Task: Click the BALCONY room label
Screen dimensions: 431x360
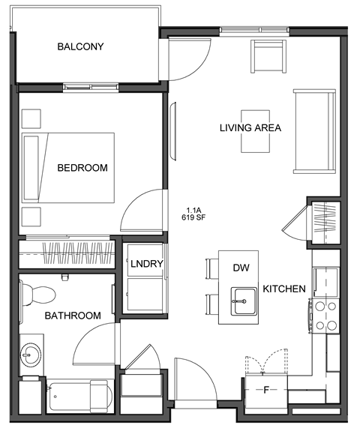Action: click(x=80, y=47)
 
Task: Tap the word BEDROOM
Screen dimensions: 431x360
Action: click(x=82, y=168)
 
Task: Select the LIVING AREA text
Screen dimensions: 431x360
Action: click(x=250, y=127)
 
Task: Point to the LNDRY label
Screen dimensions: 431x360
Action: click(x=145, y=265)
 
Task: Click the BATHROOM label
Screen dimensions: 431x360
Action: click(x=72, y=316)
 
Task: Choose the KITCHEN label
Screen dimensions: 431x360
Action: click(x=283, y=289)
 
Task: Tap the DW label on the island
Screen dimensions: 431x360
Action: click(x=241, y=268)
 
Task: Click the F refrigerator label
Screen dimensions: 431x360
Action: click(x=265, y=390)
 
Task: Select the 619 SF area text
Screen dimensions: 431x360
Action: click(x=193, y=217)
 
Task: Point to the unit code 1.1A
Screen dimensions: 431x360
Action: click(x=193, y=210)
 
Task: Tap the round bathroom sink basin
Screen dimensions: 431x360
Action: click(x=31, y=354)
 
